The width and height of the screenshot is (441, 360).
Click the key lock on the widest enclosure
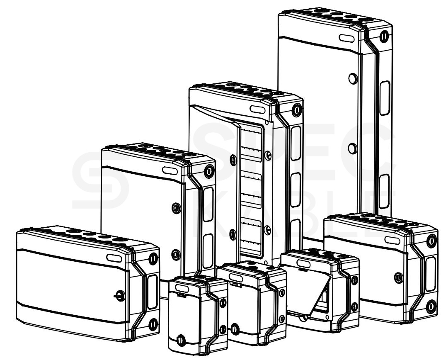tap(120, 296)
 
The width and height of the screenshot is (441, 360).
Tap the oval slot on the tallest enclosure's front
tap(346, 38)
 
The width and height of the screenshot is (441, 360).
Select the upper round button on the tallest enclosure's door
tap(353, 78)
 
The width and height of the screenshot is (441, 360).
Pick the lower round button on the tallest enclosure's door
tap(352, 148)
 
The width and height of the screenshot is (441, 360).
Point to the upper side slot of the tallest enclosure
tap(385, 98)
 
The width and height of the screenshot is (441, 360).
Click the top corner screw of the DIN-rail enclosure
tap(297, 110)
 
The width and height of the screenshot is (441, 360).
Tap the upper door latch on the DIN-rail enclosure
tap(233, 160)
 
